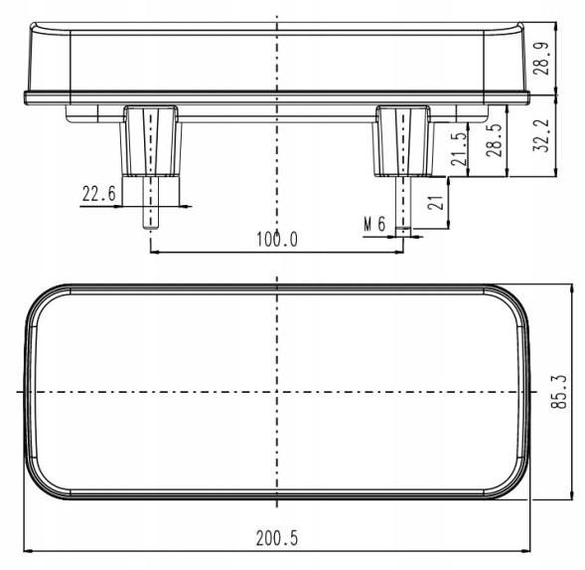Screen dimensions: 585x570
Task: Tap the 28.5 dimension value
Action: coord(495,140)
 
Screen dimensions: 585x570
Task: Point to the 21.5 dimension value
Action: coord(459,149)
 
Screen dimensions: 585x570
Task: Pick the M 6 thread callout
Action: coord(374,224)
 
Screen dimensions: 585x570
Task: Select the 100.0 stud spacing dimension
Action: coord(277,239)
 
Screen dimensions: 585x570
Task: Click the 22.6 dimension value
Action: coord(99,194)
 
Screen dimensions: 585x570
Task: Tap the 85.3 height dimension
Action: coord(558,391)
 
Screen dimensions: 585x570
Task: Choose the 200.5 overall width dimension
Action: coord(277,538)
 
